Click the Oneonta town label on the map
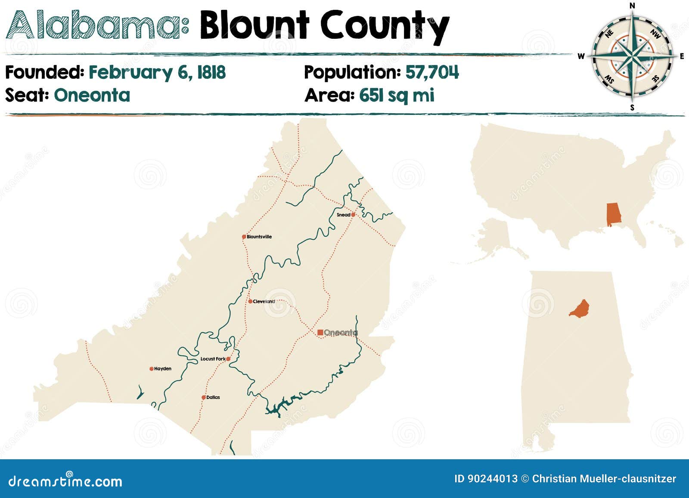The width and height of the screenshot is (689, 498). pyautogui.click(x=341, y=333)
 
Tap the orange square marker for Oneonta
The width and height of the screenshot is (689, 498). pyautogui.click(x=320, y=332)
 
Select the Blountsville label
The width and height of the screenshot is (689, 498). pyautogui.click(x=259, y=237)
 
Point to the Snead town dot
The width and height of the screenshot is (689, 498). pyautogui.click(x=353, y=214)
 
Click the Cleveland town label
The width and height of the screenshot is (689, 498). pyautogui.click(x=264, y=301)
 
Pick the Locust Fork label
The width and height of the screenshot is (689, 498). pyautogui.click(x=213, y=359)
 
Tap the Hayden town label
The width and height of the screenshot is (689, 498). pyautogui.click(x=163, y=369)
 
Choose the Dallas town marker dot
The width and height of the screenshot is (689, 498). pyautogui.click(x=204, y=398)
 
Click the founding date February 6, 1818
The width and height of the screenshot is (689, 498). pyautogui.click(x=157, y=72)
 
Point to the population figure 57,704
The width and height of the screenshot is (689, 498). pyautogui.click(x=432, y=72)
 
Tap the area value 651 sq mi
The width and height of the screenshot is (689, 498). pyautogui.click(x=397, y=95)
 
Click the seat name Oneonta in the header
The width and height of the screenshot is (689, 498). pyautogui.click(x=92, y=95)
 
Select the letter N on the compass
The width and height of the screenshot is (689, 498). pyautogui.click(x=632, y=6)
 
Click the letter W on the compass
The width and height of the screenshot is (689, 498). pyautogui.click(x=581, y=56)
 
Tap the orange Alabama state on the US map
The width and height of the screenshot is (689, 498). pyautogui.click(x=614, y=214)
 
